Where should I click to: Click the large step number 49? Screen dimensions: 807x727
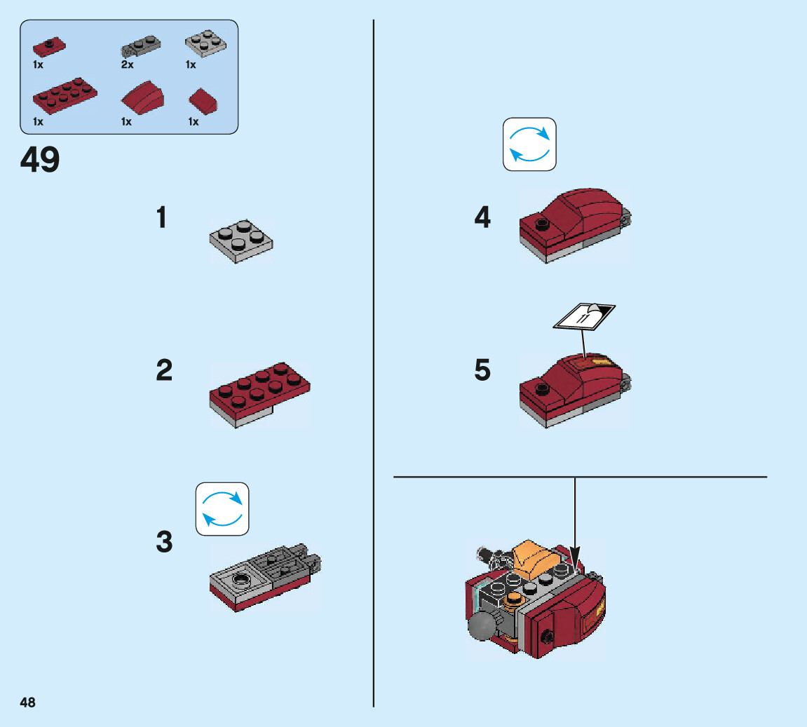click(40, 160)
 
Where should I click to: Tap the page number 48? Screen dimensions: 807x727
click(27, 702)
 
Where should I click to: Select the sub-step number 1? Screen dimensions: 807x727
click(162, 218)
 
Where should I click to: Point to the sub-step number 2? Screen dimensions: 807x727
click(164, 370)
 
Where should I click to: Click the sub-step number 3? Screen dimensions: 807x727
click(164, 542)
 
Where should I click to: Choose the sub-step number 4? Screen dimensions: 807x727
click(482, 217)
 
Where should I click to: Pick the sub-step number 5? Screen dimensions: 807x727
click(482, 370)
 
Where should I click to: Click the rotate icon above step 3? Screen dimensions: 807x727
click(222, 509)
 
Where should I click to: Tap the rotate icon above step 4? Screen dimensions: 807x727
click(529, 144)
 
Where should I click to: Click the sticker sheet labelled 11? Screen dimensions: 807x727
click(583, 316)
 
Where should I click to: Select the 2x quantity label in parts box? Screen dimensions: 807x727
click(127, 64)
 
